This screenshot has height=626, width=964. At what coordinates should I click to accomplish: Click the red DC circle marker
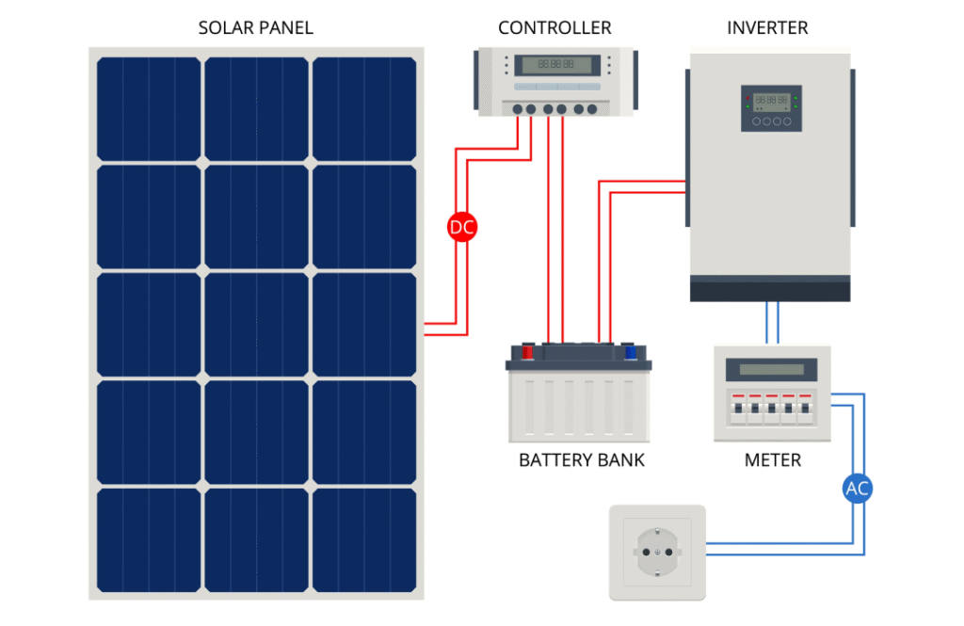[x=462, y=227]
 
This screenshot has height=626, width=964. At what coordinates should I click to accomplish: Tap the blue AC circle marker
[x=857, y=489]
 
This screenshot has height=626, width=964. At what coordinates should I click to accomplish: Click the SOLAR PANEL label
[x=255, y=28]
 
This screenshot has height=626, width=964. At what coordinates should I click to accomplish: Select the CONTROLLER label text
[x=554, y=28]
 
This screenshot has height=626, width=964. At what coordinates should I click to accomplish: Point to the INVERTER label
[x=767, y=28]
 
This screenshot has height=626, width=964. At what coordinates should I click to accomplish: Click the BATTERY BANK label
[x=582, y=460]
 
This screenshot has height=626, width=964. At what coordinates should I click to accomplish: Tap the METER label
[x=772, y=460]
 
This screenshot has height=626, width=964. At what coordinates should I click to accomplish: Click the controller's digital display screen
[x=555, y=66]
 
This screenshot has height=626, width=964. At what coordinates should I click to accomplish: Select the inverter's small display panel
[x=771, y=107]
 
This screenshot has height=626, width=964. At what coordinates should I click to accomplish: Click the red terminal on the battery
[x=527, y=352]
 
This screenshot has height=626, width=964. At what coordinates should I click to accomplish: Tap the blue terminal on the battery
[x=632, y=352]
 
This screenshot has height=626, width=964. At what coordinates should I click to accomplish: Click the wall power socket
[x=656, y=553]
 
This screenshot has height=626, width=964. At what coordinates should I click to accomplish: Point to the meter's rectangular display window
[x=771, y=369]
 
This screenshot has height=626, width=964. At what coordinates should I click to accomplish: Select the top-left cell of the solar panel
[x=149, y=109]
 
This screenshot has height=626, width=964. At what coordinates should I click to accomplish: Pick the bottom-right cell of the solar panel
[x=364, y=539]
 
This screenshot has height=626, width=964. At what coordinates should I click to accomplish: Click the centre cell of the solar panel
[x=256, y=324]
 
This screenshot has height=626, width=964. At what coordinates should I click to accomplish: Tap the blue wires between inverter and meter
[x=772, y=323]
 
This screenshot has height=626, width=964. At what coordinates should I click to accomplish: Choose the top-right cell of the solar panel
[x=364, y=109]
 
